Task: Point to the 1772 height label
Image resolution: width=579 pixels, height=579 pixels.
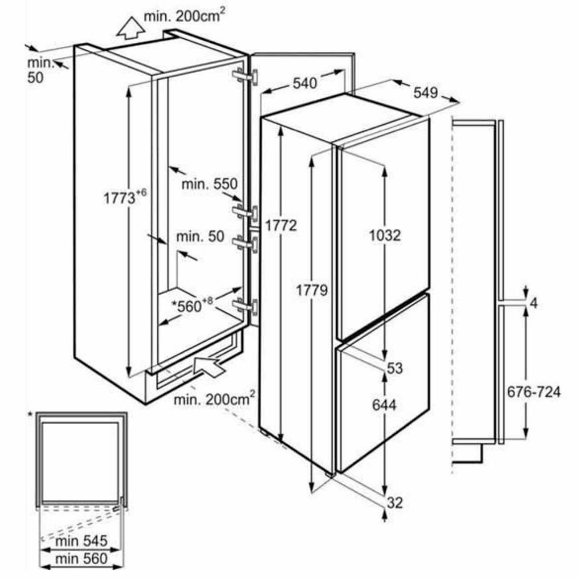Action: point(281,226)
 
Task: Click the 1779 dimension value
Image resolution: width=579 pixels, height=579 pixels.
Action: point(312,290)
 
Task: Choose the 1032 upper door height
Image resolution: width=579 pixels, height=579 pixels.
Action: point(385,235)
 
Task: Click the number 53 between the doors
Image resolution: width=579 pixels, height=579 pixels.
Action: point(395,368)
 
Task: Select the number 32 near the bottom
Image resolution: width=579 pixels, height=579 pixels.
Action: point(395,503)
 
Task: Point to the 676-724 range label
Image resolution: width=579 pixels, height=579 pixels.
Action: point(534,392)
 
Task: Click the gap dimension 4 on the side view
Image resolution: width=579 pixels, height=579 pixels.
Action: point(534,303)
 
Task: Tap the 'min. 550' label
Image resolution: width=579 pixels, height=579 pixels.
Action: point(209,183)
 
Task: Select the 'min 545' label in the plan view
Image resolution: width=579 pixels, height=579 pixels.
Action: point(82,541)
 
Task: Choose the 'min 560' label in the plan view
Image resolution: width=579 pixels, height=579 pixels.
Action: point(82,558)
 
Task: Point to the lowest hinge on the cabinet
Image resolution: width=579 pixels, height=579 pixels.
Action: point(246,306)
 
